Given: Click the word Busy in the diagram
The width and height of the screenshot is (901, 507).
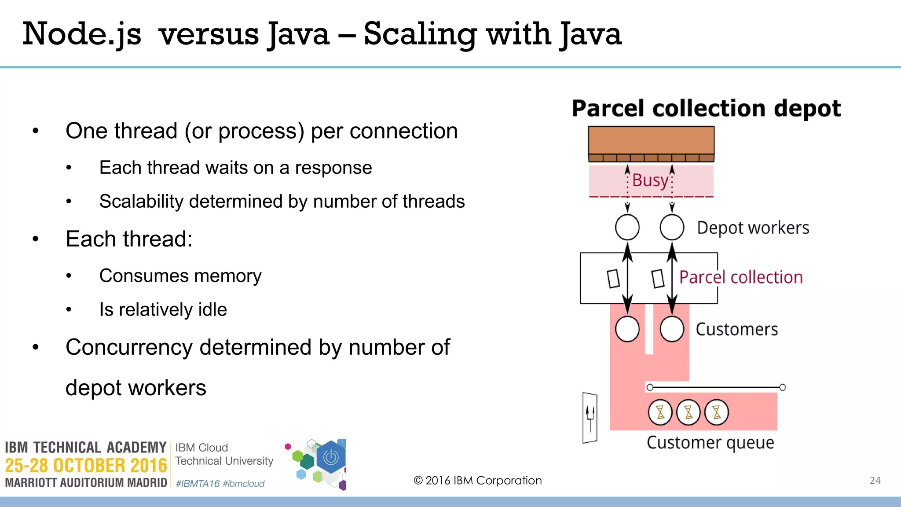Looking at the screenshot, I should (x=650, y=180).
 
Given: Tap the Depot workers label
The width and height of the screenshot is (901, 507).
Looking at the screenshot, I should (x=753, y=228).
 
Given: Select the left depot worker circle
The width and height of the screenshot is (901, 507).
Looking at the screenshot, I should (x=627, y=227).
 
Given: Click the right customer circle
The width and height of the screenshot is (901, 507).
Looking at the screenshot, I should (x=672, y=329).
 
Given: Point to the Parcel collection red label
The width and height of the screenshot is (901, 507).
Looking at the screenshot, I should (x=741, y=277).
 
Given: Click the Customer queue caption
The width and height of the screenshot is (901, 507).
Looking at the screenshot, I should (x=710, y=442).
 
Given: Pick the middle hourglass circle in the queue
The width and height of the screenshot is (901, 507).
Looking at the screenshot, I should (x=688, y=412).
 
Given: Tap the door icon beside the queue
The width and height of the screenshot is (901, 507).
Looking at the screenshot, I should (x=590, y=418).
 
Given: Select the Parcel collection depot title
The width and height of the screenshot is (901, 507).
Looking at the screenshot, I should (x=706, y=108).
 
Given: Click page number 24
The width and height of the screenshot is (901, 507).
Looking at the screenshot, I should (x=875, y=481).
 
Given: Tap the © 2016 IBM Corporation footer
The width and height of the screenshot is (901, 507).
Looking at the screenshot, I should (x=478, y=481).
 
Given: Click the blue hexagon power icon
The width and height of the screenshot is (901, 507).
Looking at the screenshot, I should (x=331, y=458).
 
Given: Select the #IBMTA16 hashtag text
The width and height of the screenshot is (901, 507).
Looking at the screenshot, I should (x=198, y=484).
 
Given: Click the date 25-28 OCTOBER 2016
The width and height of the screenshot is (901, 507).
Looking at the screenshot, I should (x=86, y=466).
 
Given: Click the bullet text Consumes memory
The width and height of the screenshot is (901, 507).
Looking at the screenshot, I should (x=180, y=276).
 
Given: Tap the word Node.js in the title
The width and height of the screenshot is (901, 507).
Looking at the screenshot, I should (x=82, y=34).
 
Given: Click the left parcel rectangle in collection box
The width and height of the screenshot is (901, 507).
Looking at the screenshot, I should (x=613, y=279).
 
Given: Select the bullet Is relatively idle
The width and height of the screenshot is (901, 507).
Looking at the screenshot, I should (x=163, y=310).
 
